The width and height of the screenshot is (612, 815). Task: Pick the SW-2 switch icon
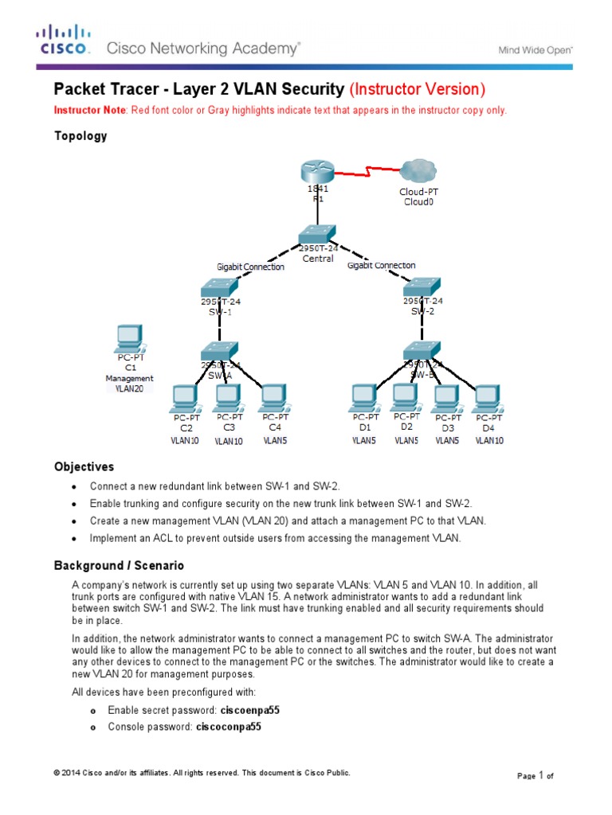[x=422, y=287]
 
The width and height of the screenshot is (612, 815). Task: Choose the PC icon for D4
[x=488, y=396]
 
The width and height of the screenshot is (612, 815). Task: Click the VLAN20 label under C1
[x=128, y=389]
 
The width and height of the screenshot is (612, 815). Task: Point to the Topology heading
[x=80, y=135]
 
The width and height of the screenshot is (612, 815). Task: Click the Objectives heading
[x=84, y=466]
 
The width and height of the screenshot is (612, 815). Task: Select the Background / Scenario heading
[x=119, y=565]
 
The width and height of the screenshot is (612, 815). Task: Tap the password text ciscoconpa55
[x=229, y=727]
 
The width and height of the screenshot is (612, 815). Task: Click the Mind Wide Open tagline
[x=535, y=49]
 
